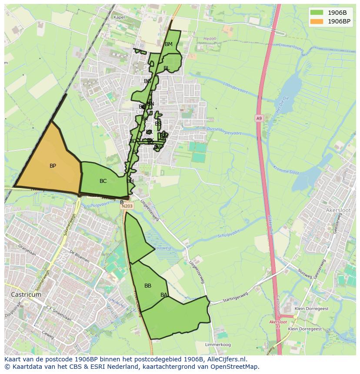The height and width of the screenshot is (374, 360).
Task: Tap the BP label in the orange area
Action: (x=53, y=166)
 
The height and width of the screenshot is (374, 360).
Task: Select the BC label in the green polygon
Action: (x=103, y=181)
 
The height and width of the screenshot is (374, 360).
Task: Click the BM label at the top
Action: (x=169, y=44)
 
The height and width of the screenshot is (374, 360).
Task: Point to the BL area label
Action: (x=167, y=68)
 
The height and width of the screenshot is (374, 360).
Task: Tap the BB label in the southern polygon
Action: (x=148, y=286)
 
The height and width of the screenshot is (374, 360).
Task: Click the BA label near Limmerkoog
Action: (x=164, y=295)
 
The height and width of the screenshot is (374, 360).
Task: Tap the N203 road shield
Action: (x=127, y=206)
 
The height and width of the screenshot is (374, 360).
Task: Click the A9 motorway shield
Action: (x=259, y=118)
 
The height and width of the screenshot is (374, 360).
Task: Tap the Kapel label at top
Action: (x=119, y=17)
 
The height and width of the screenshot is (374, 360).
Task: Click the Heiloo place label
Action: (x=210, y=39)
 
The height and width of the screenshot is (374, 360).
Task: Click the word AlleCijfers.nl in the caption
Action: (x=226, y=359)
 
